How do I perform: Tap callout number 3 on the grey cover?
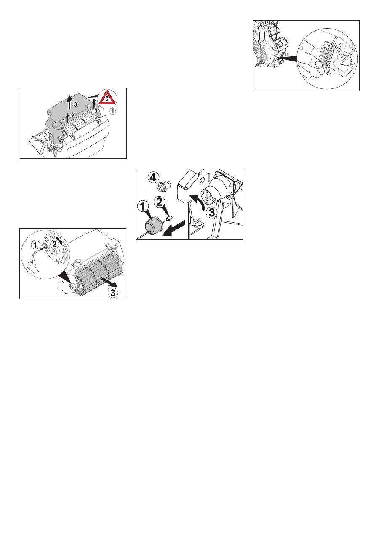coord(76,104)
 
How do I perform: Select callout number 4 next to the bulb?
coord(154,178)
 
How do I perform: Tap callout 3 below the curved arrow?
coord(212,212)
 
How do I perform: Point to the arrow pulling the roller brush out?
coord(109,282)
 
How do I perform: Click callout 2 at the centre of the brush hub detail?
coord(55,244)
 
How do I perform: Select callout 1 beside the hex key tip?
coord(35,245)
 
